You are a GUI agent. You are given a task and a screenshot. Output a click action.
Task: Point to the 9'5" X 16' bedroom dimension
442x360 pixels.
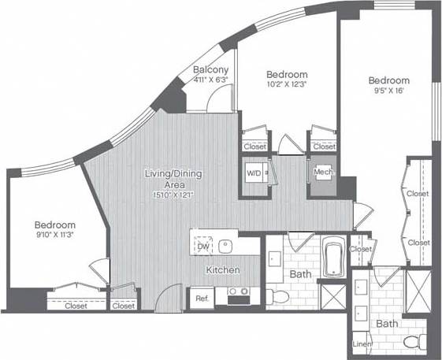(x=389, y=91)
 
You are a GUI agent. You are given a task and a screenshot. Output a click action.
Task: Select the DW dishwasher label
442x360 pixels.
(x=203, y=247)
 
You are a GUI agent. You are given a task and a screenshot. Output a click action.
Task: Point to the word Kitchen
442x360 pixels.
(x=223, y=270)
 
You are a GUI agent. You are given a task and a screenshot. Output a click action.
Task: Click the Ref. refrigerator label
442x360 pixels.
(x=200, y=299)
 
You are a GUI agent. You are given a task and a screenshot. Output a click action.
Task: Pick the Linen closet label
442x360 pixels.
(x=359, y=343)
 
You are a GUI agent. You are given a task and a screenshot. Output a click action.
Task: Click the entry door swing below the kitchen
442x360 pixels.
(x=169, y=299)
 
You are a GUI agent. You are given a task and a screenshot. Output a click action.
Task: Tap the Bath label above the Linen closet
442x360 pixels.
(x=386, y=324)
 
